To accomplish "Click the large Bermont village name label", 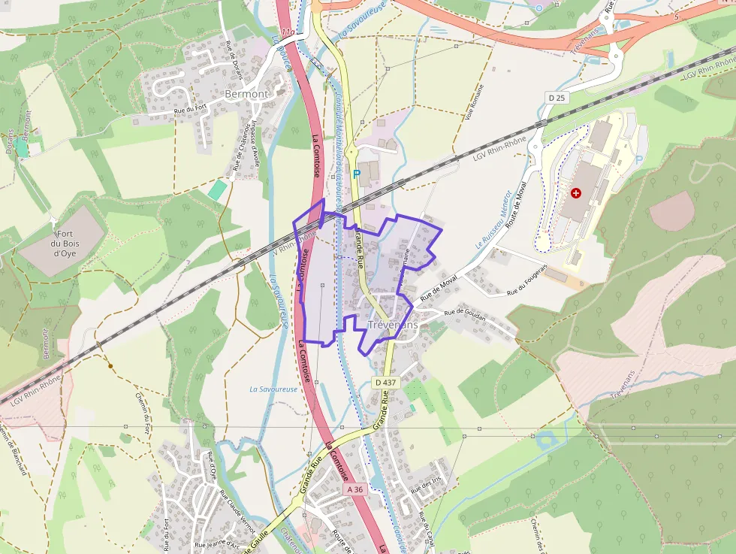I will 246,94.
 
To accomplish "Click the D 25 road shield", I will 556,98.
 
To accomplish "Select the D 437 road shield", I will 385,383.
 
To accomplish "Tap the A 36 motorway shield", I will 355,489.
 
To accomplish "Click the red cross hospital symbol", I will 576,193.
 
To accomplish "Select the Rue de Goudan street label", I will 465,314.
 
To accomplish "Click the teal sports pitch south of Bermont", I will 217,189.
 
